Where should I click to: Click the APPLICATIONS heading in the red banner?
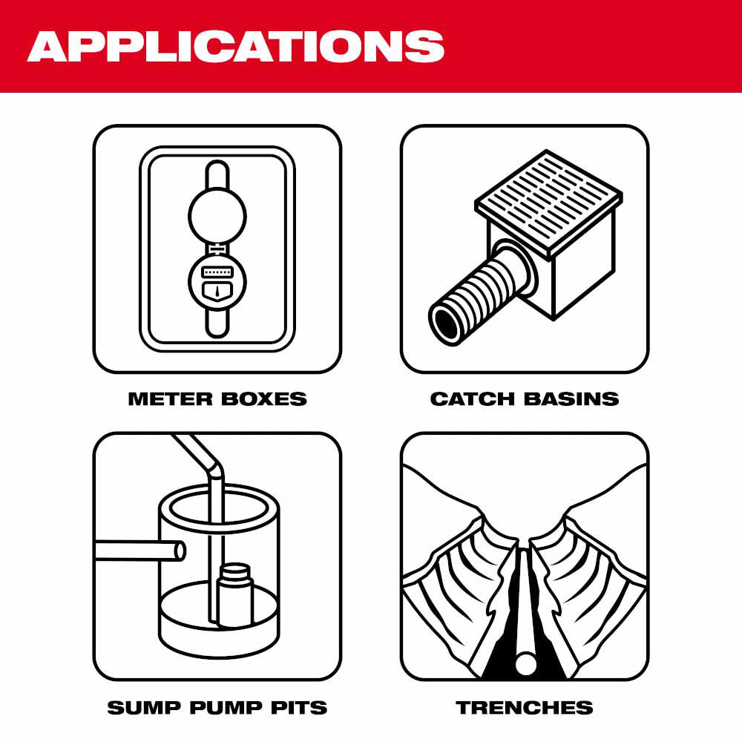[x=236, y=46]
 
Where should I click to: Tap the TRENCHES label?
[x=525, y=707]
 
